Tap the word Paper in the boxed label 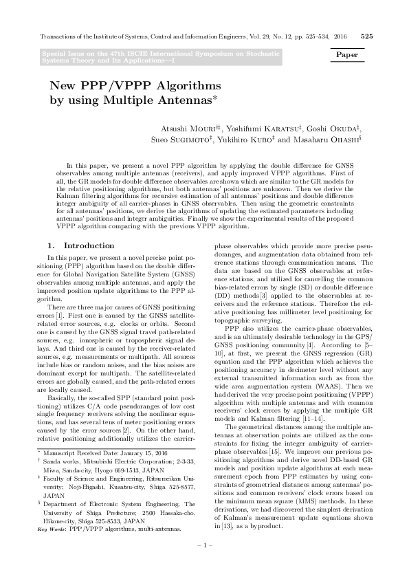350,54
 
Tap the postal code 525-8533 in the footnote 119,522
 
